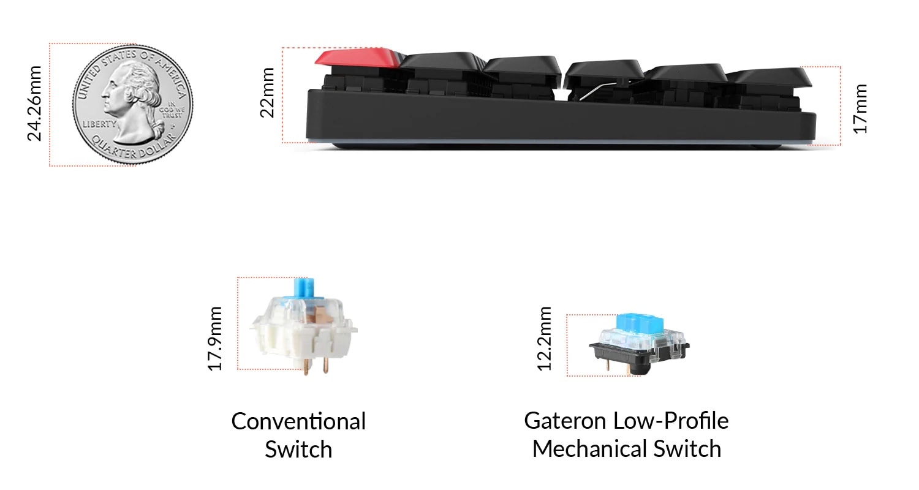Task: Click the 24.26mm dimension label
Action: (35, 104)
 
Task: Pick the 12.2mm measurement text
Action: (545, 339)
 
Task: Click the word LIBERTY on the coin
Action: (99, 124)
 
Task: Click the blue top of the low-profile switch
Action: (639, 323)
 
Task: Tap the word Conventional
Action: (298, 421)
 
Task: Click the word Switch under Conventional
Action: (298, 450)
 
